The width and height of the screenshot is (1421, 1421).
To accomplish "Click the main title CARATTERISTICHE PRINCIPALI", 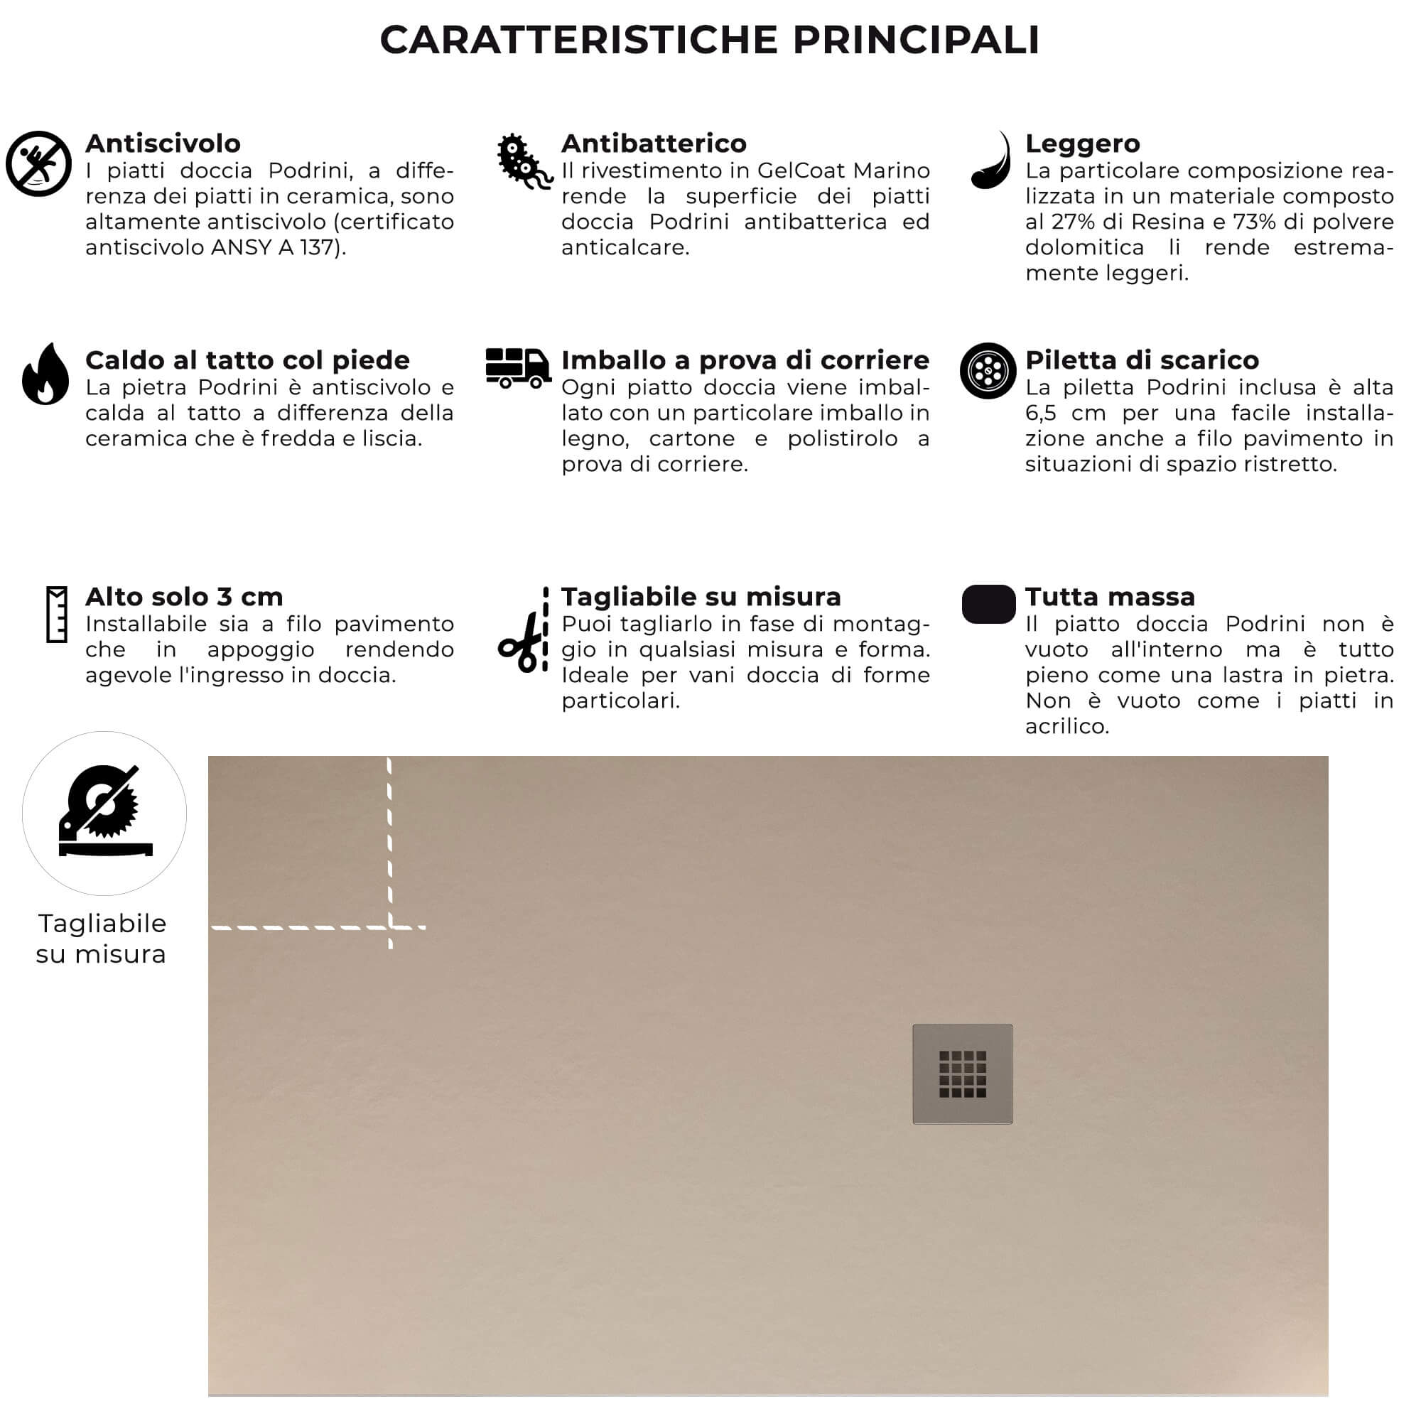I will coord(710,40).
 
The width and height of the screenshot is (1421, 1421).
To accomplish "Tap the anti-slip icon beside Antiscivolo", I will coord(38,163).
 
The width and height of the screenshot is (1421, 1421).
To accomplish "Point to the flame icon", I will coord(45,374).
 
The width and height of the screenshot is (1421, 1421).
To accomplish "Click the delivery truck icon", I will coord(518,368).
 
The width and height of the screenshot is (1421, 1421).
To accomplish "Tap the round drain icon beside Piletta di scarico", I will coord(988,371).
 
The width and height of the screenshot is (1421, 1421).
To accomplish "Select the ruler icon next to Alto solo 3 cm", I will coord(57,614).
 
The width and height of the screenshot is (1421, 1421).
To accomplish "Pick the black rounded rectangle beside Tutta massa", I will coord(988,604).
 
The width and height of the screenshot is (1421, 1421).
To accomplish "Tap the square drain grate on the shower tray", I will coord(962,1074).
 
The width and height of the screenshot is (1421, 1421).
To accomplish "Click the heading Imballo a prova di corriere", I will coord(745,360).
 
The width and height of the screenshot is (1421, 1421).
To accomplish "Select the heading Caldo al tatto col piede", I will coord(247,360).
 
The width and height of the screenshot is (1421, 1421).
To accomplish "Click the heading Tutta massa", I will coord(1109,597).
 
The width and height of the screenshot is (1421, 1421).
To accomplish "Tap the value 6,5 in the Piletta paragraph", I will coord(1040,414).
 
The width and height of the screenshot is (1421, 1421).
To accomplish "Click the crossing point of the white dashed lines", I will coord(390,927).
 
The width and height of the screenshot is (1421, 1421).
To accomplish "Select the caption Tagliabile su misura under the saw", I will coord(102,939).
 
